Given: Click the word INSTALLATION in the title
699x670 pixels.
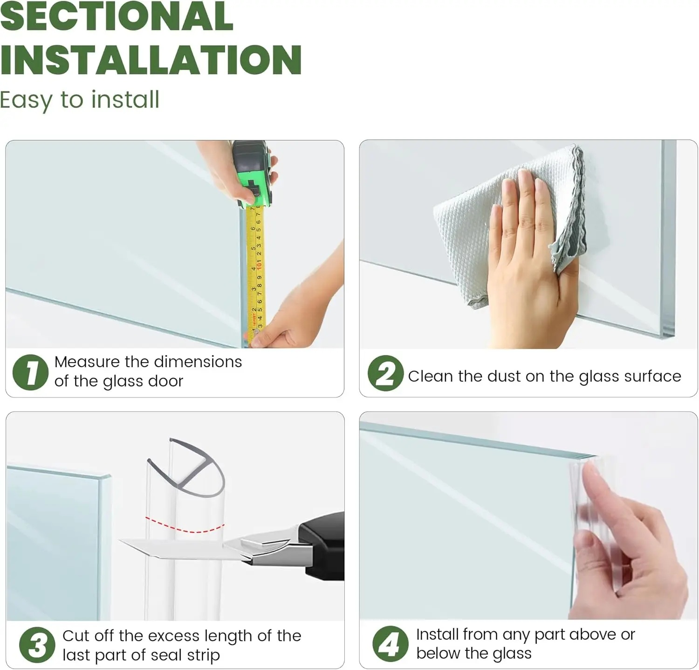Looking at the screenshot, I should (x=151, y=60).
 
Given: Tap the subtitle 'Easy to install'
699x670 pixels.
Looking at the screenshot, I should (x=79, y=100).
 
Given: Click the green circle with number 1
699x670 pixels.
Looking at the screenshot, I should (x=30, y=372).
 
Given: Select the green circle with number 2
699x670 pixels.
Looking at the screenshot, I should (x=385, y=373).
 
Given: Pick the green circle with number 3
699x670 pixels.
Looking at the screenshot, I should (x=37, y=646).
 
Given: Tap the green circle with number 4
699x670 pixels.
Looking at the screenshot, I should (x=391, y=644).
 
